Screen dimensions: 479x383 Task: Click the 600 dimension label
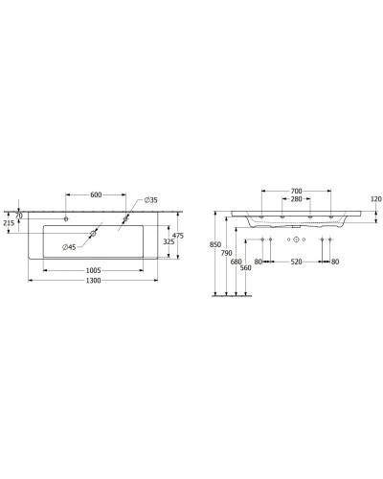96,194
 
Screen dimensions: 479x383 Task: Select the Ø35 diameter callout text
151,200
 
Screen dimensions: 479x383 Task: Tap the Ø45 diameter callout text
70,248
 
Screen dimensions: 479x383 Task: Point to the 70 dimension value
18,215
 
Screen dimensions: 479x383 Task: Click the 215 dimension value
9,223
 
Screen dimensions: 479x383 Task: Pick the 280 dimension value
296,200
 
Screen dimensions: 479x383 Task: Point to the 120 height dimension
375,199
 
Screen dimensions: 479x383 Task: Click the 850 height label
214,244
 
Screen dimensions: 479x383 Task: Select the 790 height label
226,253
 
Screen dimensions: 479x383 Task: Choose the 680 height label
237,262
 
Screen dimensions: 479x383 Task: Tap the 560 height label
246,269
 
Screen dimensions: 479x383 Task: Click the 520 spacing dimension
296,262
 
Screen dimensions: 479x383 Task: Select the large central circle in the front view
296,237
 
